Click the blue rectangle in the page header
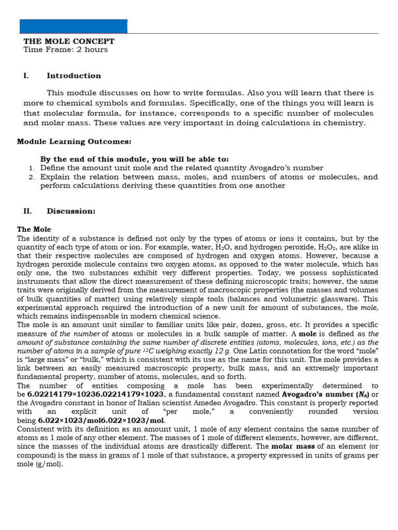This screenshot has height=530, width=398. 73,26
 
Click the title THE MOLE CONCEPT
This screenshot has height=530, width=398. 69,41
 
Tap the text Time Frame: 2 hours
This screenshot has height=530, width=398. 66,50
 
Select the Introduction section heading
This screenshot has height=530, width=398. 74,76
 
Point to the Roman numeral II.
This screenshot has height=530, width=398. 27,211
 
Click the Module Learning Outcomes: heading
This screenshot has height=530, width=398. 74,141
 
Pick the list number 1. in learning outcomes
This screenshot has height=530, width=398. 32,168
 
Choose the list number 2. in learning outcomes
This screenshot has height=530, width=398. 32,177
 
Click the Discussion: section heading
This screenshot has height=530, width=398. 71,211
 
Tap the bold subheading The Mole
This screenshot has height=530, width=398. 34,229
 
